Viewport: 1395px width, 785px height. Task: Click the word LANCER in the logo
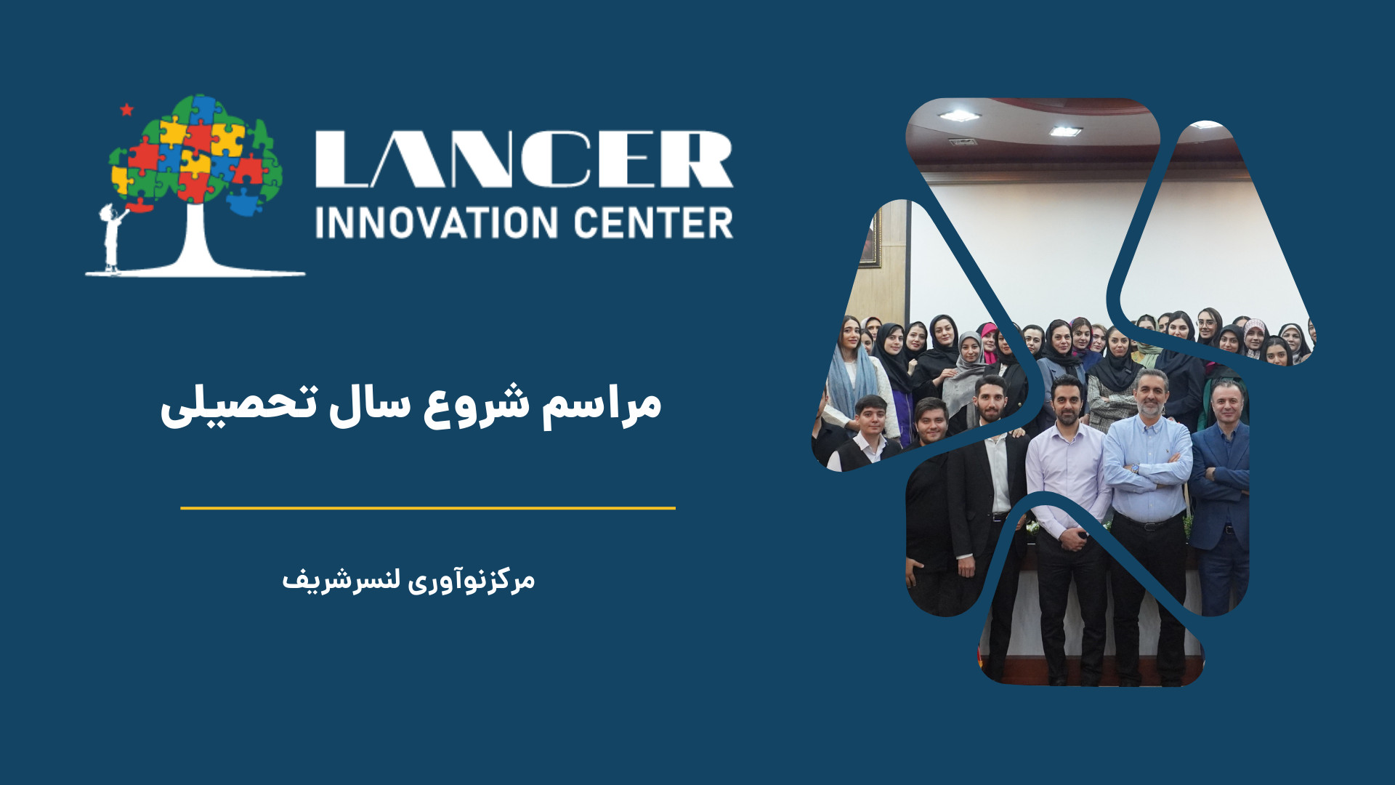click(524, 159)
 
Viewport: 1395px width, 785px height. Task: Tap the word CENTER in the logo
click(653, 222)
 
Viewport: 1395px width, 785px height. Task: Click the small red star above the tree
click(126, 110)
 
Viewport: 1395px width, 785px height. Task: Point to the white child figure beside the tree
click(112, 237)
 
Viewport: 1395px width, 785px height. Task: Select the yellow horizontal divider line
click(428, 508)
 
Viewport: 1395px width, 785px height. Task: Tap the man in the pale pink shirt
click(1067, 509)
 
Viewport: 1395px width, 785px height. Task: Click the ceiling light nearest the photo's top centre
click(1065, 131)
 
